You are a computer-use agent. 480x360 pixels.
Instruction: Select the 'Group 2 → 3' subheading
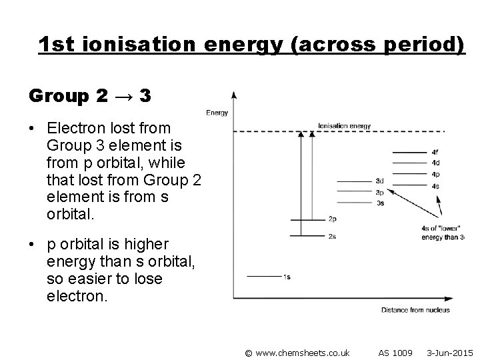click(x=90, y=96)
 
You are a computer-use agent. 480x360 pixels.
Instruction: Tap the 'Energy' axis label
click(x=217, y=113)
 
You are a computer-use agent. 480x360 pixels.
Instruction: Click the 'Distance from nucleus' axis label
click(x=415, y=309)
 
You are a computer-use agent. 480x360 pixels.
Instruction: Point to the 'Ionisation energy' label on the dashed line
click(x=344, y=126)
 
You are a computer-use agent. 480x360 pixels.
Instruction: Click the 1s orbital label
click(x=286, y=276)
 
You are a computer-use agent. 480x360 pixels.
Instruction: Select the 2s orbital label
click(x=332, y=236)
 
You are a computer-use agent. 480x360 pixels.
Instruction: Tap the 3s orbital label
click(x=379, y=202)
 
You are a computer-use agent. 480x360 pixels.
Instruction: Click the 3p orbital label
click(x=379, y=191)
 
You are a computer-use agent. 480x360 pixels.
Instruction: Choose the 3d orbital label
click(x=379, y=181)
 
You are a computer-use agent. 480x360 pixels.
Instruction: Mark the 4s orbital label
click(x=435, y=186)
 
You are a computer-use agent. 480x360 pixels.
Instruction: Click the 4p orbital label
click(x=435, y=175)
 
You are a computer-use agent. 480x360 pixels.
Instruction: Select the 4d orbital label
click(x=435, y=163)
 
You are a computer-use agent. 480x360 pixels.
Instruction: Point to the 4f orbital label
click(x=435, y=152)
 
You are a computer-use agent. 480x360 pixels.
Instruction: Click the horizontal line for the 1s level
click(x=264, y=276)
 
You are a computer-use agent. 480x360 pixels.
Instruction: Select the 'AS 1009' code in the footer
click(x=395, y=351)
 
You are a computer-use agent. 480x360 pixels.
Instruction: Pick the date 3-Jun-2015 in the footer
click(x=449, y=351)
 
